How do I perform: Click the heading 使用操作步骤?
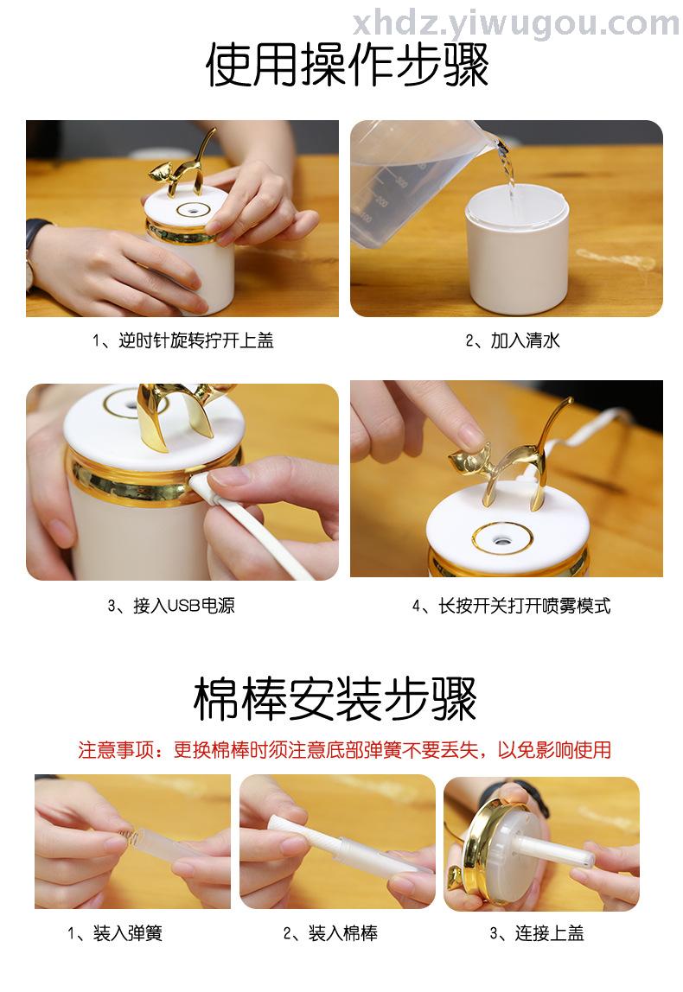[x=347, y=65]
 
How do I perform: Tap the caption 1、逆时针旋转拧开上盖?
[x=183, y=340]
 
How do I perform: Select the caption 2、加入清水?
[x=513, y=340]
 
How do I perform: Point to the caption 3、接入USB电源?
[x=171, y=606]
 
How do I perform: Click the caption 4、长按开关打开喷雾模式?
[x=512, y=606]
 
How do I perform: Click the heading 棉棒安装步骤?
[x=335, y=700]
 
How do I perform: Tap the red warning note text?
[x=345, y=750]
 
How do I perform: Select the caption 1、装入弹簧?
[x=115, y=933]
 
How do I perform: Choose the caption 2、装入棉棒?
[x=330, y=933]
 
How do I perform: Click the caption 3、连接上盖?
[x=537, y=933]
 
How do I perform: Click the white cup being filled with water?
[x=516, y=250]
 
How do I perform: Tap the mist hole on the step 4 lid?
[x=502, y=540]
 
